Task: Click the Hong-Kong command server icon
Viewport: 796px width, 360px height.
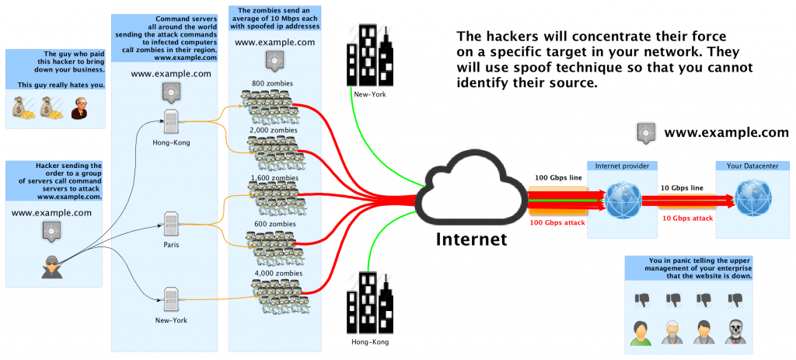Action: (171, 121)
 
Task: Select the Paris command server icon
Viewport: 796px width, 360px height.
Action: (171, 223)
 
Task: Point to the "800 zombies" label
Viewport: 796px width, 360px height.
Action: (274, 83)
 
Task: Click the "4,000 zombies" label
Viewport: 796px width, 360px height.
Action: (274, 273)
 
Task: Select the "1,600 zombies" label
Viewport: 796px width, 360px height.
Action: (274, 177)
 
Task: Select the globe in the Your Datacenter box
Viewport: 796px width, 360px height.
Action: (752, 200)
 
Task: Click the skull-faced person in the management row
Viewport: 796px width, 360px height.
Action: (735, 331)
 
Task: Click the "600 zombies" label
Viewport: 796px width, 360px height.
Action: (274, 224)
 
